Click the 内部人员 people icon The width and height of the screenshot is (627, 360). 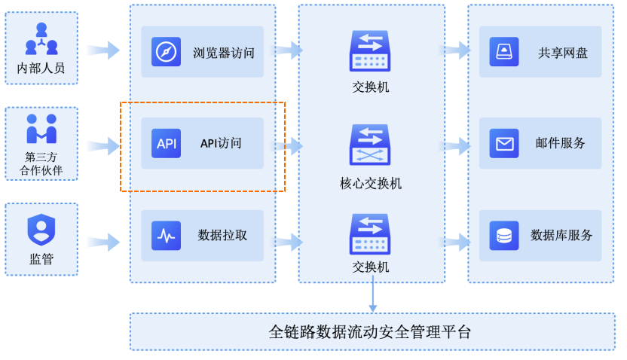(41, 39)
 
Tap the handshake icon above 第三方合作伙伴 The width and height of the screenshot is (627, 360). (41, 129)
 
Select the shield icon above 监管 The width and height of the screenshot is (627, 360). (41, 230)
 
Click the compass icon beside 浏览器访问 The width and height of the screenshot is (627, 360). (166, 52)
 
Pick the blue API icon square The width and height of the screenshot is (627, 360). (166, 143)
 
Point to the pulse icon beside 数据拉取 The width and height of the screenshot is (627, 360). (166, 236)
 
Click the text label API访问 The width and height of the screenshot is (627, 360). (221, 143)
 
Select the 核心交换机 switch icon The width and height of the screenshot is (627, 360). (370, 145)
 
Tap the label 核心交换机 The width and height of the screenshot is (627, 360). (371, 183)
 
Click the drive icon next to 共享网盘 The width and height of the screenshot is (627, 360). (503, 52)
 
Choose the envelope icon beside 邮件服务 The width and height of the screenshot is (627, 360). (503, 143)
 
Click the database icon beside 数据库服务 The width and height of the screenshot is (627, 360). (503, 236)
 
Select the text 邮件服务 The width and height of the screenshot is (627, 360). (561, 143)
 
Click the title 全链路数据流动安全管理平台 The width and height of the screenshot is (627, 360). (370, 331)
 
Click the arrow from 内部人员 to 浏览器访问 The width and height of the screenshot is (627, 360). (103, 50)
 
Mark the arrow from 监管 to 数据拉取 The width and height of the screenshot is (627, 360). (103, 242)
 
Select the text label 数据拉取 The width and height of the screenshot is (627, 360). (222, 235)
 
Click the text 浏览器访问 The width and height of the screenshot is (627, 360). (224, 53)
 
